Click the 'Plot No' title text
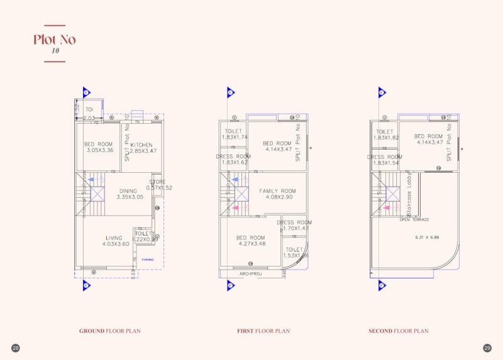(x=55, y=40)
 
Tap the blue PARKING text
(x=147, y=259)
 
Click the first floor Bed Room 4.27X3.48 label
(x=250, y=241)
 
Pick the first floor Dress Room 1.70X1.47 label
(x=294, y=226)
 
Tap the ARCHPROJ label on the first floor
(x=250, y=274)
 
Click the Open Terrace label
(x=414, y=220)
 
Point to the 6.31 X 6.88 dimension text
(x=427, y=237)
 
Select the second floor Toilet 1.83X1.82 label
(x=385, y=134)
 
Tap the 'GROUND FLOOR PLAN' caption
(x=109, y=330)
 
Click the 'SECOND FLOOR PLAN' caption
(x=398, y=330)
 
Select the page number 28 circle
(x=15, y=347)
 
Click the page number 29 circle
(x=487, y=347)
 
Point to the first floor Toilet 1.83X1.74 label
(x=235, y=134)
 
